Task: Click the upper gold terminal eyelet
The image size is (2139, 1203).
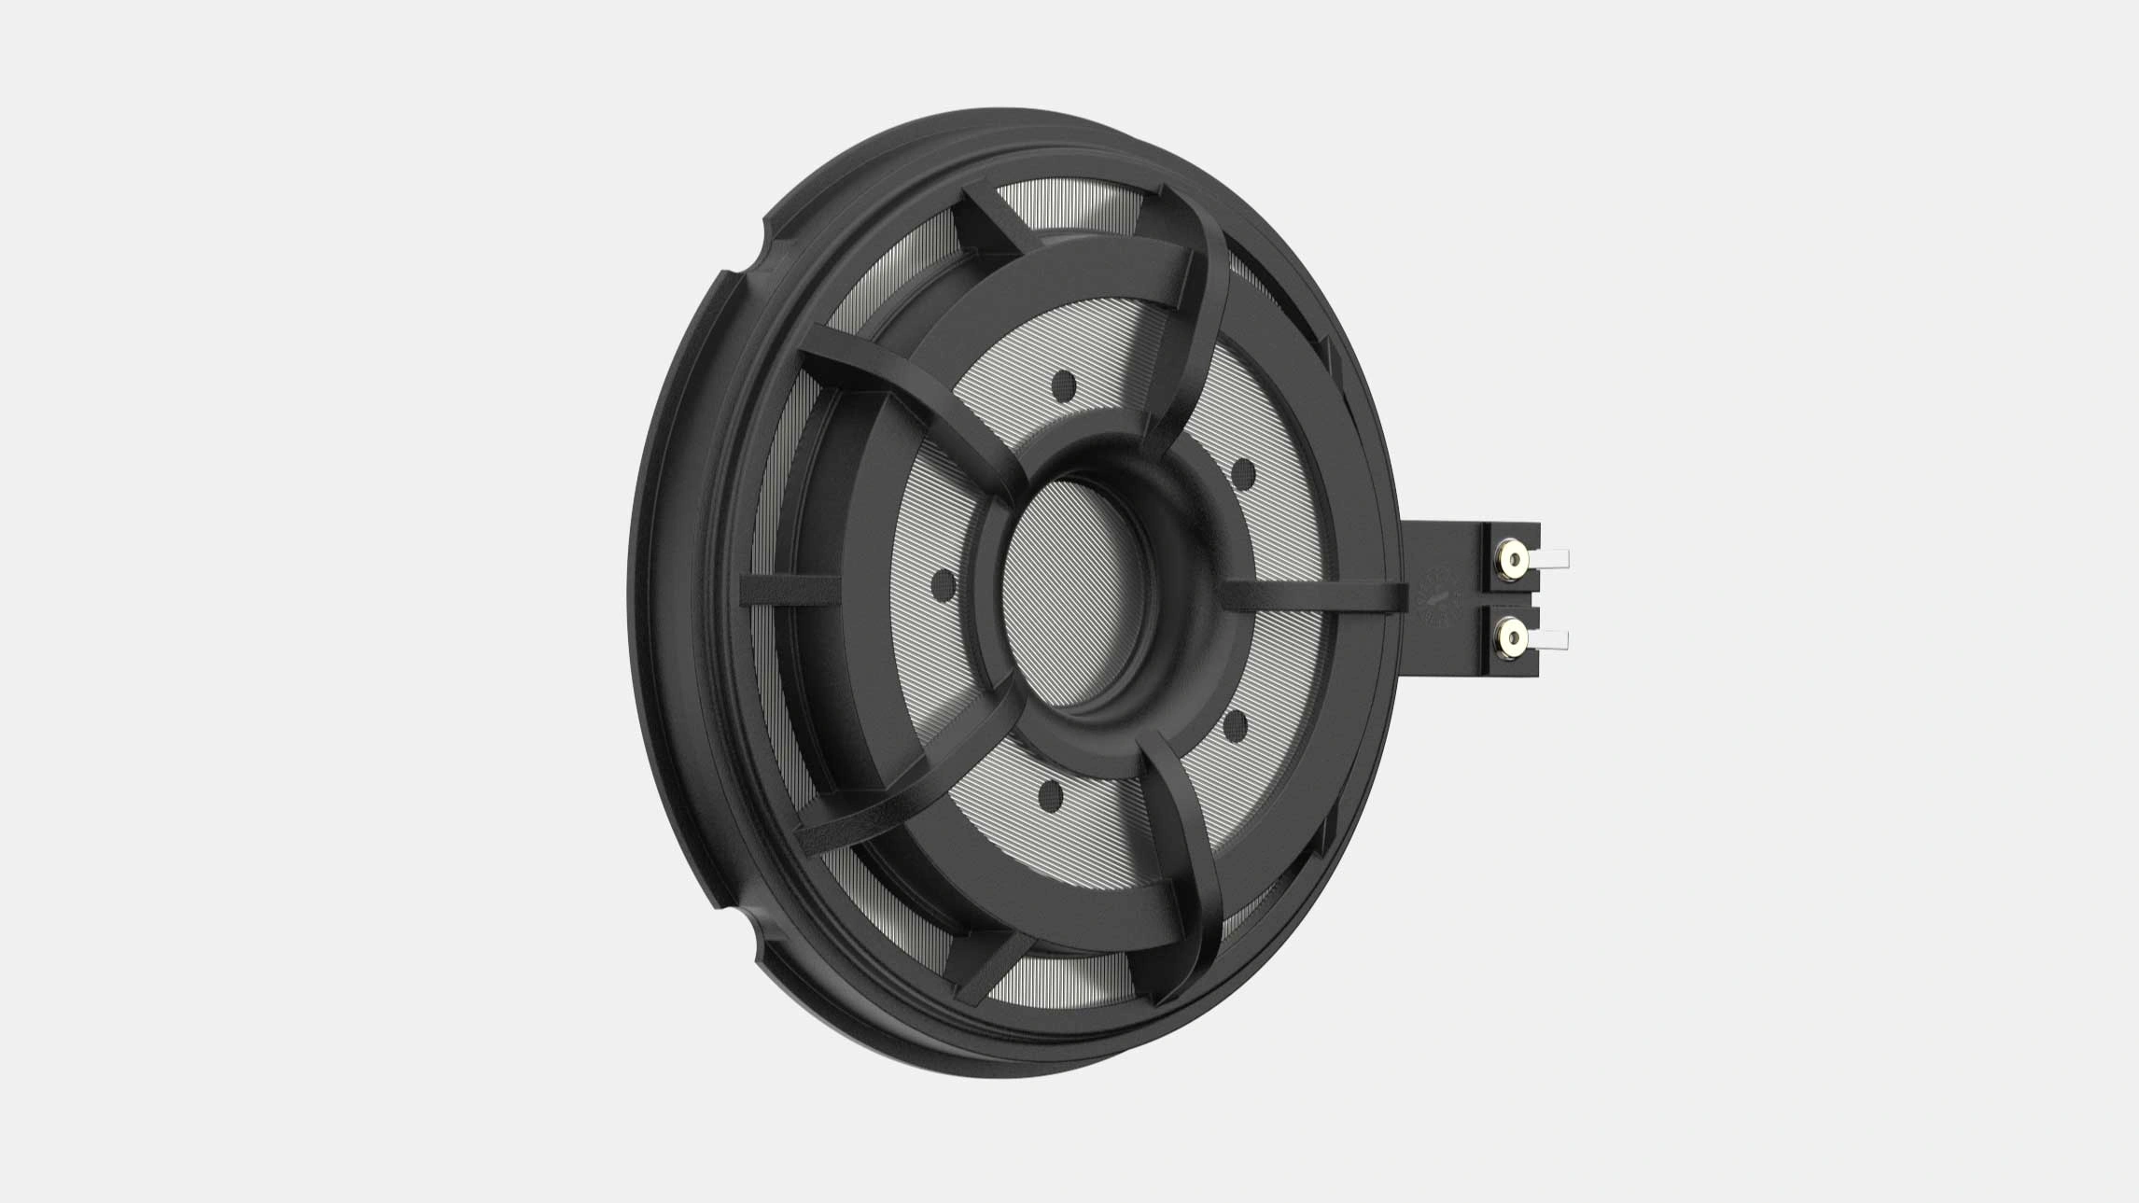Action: (1514, 560)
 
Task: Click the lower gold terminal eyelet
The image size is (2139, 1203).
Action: (1514, 638)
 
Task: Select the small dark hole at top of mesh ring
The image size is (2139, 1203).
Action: (1063, 384)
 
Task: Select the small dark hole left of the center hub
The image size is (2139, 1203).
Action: (944, 585)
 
